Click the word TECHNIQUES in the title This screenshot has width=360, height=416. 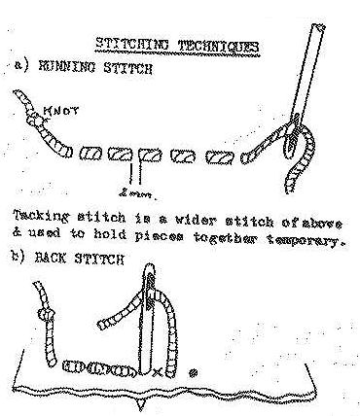coord(219,47)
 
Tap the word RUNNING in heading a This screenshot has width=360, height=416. coord(67,67)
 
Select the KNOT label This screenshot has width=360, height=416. coord(61,111)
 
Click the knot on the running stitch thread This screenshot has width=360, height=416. coord(35,121)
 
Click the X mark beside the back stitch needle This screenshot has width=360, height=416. coord(157,372)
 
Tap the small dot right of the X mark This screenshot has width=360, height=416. coord(194,372)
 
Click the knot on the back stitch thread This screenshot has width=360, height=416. coord(47,314)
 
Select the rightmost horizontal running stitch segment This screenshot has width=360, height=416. coord(220,157)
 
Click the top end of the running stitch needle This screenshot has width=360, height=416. coord(319,26)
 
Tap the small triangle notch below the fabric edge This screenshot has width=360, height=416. coord(140,403)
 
